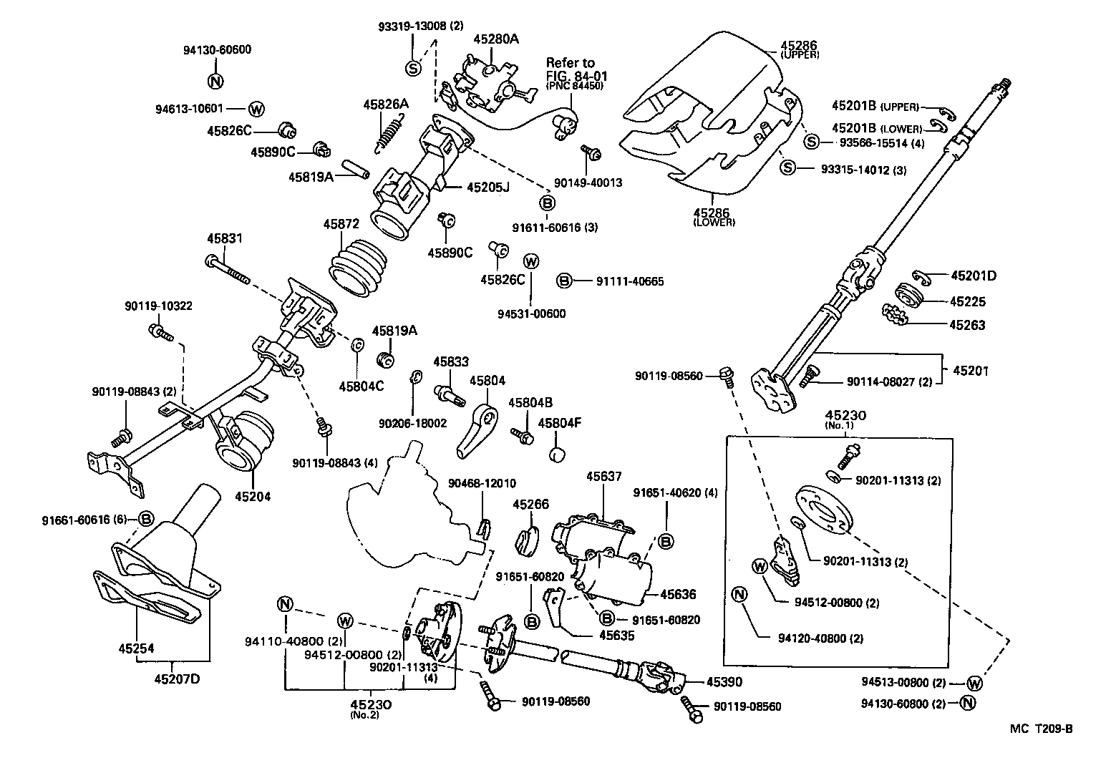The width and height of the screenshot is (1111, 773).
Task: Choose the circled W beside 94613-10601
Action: (256, 110)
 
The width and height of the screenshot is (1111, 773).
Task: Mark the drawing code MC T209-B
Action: (1041, 729)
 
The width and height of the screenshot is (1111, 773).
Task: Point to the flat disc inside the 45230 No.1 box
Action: (823, 509)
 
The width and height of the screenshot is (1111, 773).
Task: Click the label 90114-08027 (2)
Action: (889, 382)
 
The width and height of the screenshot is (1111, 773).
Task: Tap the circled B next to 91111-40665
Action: (564, 281)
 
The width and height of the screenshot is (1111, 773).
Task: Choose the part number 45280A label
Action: (495, 39)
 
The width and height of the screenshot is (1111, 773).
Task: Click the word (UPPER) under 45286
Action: (800, 54)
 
